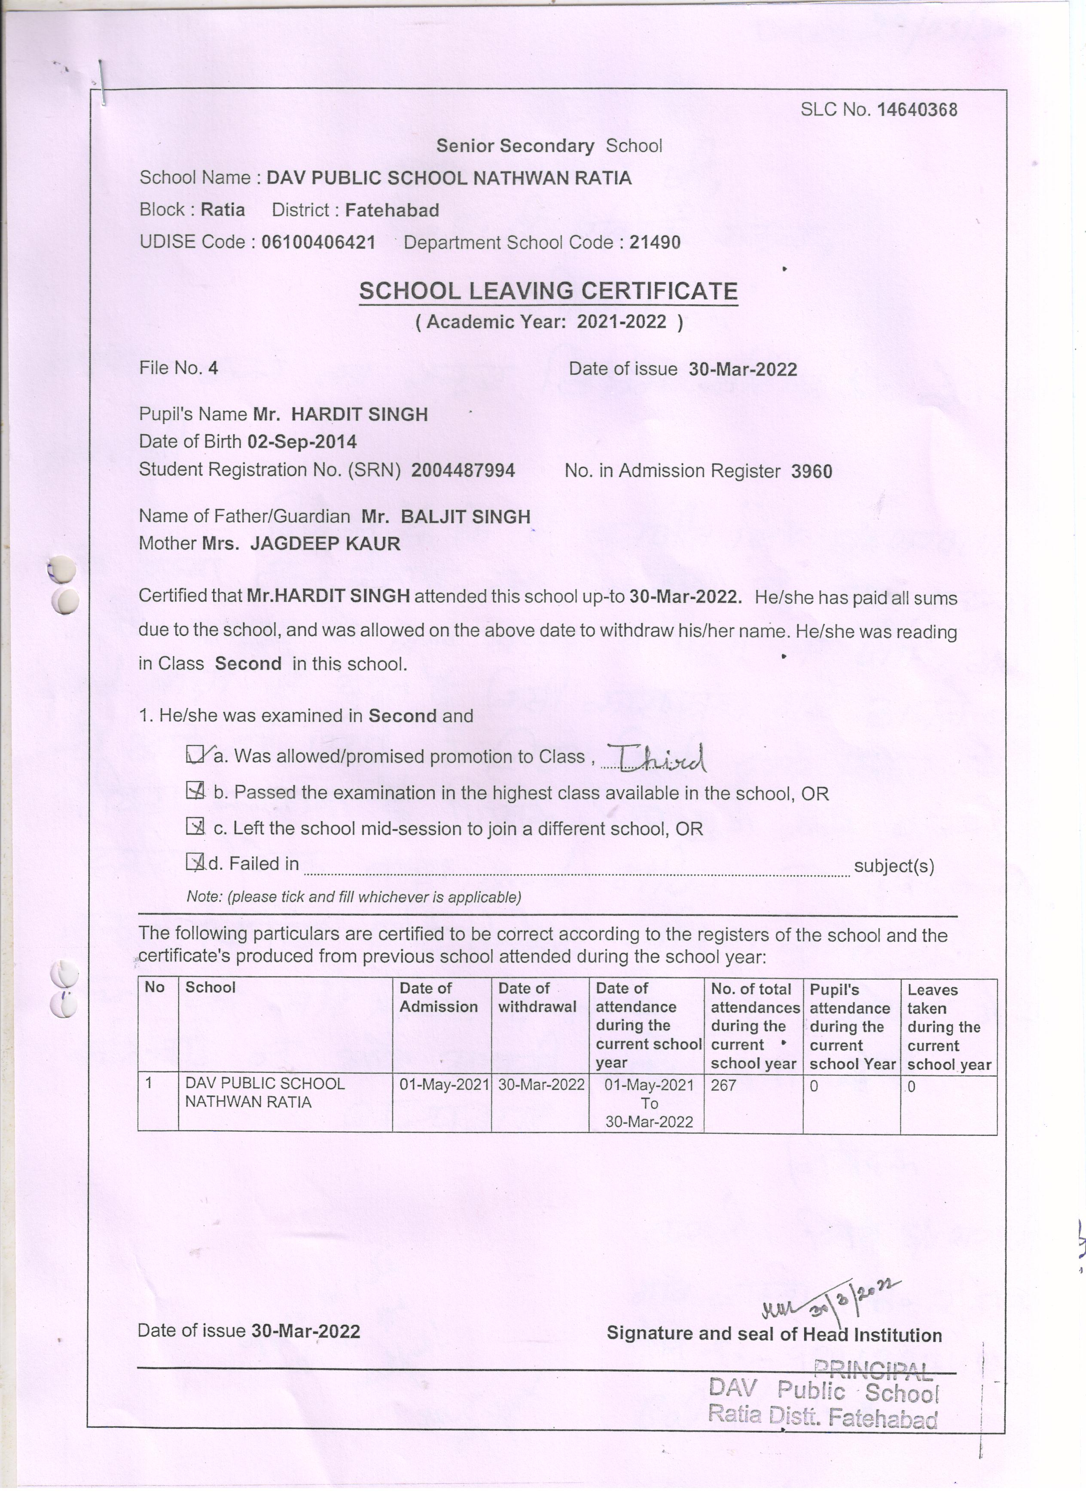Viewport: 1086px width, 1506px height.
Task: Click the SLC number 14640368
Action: tap(917, 110)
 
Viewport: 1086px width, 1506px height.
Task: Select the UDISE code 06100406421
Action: tap(318, 242)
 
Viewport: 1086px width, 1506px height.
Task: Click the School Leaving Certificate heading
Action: tap(548, 291)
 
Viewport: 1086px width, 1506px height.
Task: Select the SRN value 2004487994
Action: tap(463, 470)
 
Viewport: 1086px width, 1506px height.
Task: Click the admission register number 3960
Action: tap(811, 472)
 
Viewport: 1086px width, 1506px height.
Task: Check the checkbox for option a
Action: tap(195, 754)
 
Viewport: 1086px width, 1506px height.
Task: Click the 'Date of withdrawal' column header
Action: tap(537, 998)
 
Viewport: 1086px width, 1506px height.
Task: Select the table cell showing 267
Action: tap(723, 1086)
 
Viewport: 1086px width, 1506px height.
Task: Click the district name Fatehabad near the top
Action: tap(392, 210)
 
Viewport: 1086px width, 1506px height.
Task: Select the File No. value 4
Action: tap(213, 368)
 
